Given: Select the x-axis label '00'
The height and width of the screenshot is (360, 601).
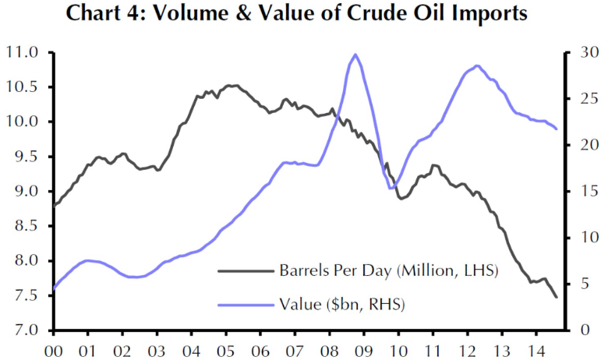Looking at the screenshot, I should pos(54,352).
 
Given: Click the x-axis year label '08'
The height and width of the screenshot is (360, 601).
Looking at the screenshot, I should pos(329,352).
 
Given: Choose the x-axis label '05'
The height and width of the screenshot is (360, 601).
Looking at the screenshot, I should pos(225,352).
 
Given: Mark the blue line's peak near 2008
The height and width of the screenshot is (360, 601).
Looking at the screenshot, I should pos(355,55).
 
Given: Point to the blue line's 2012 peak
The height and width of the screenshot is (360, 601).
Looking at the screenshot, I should pos(476,66).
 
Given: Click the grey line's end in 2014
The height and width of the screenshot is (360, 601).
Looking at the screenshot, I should pos(557,297).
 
